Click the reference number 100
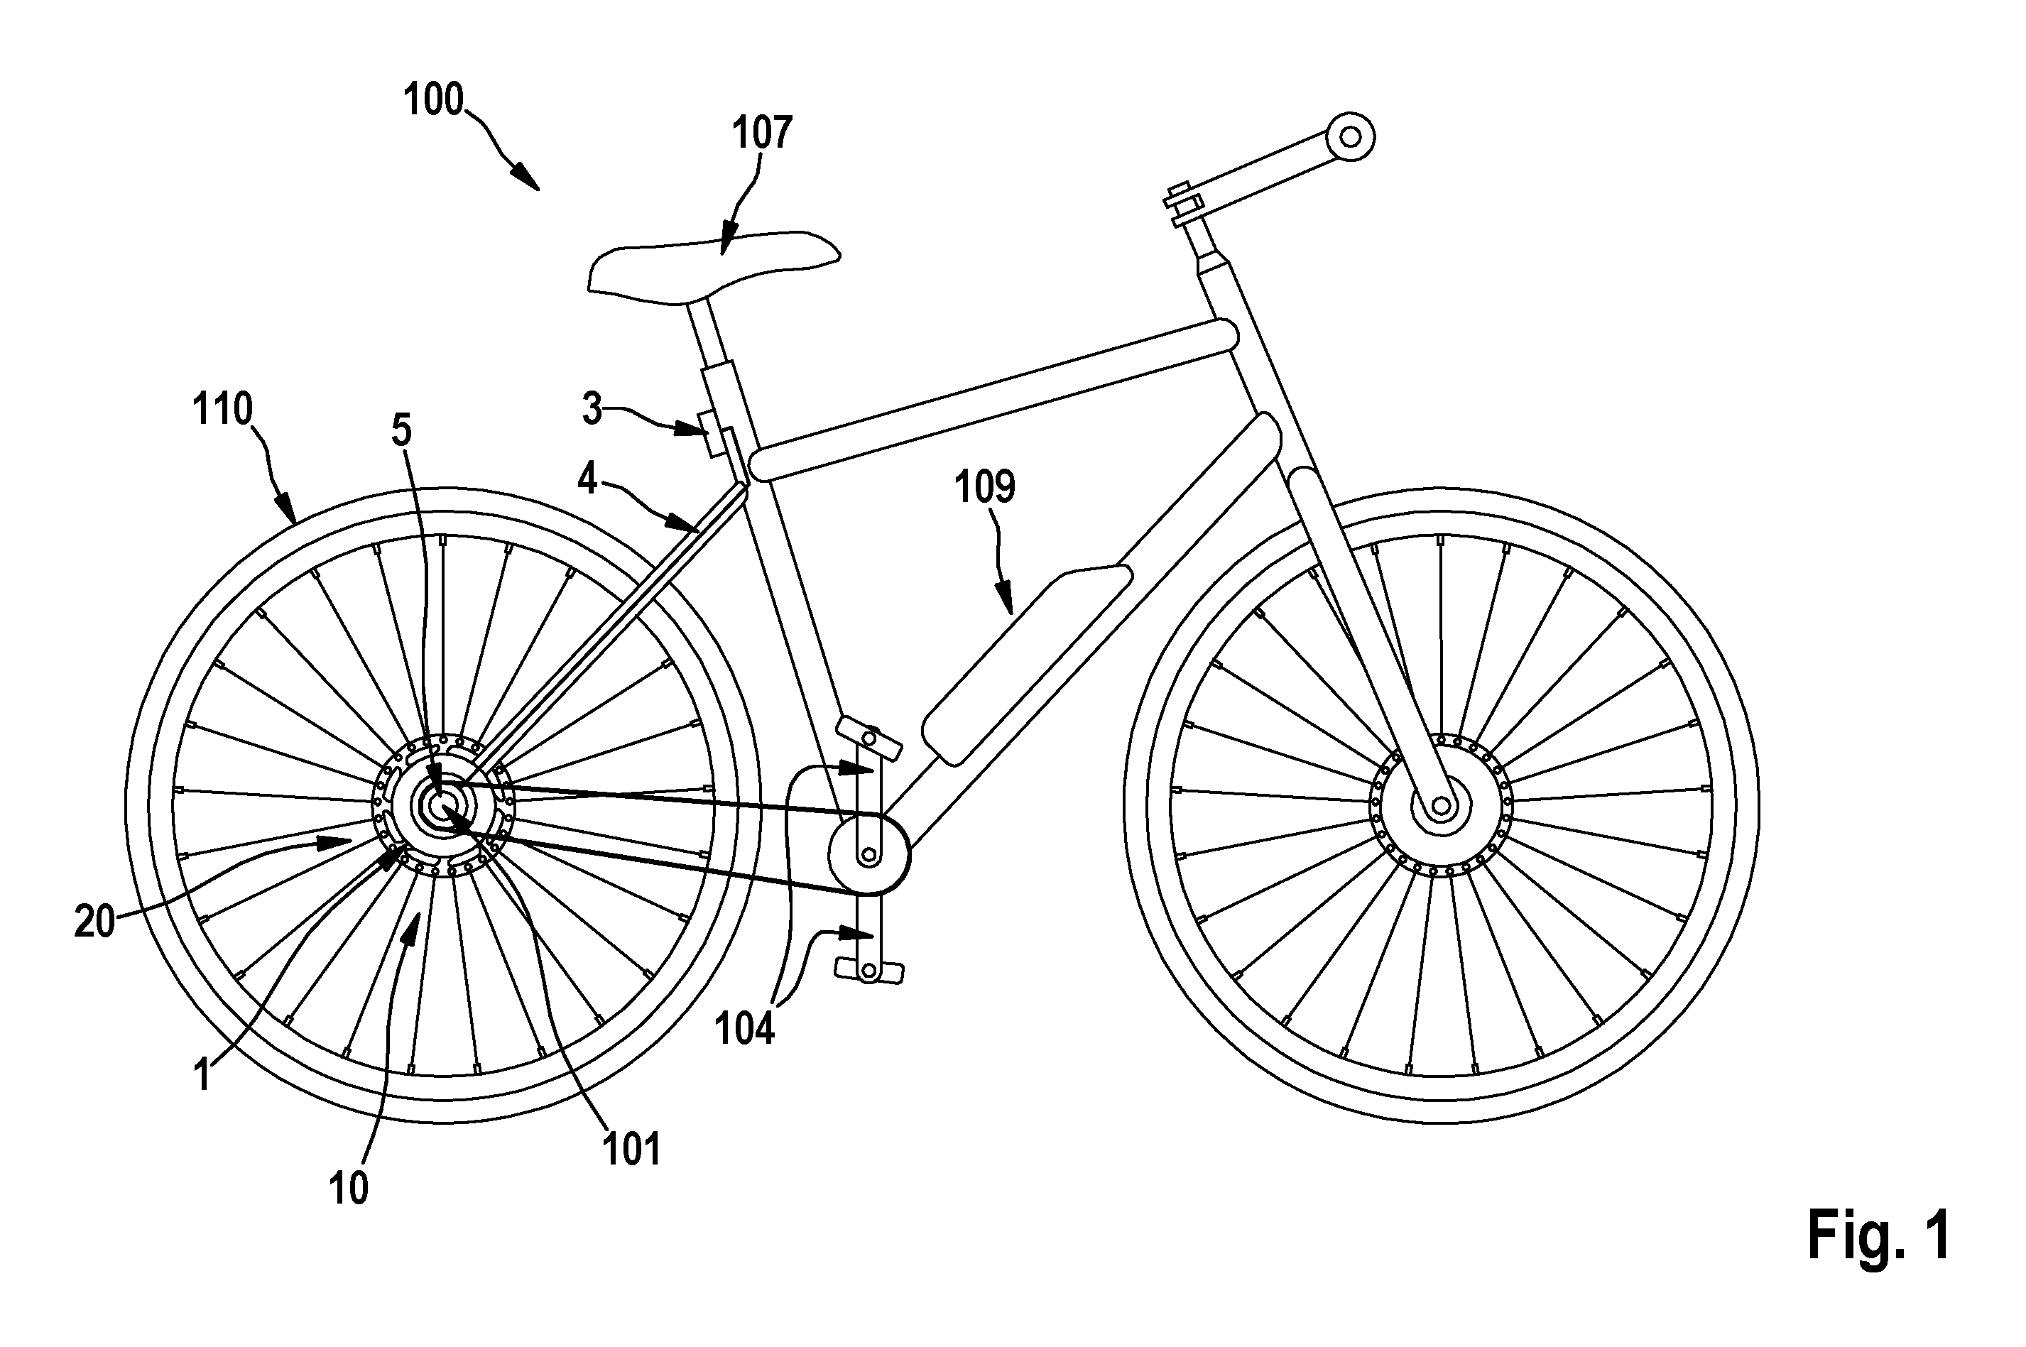434,101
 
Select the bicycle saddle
713,266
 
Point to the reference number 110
222,410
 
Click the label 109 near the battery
985,486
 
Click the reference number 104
745,1028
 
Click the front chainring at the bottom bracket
868,855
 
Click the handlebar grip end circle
1350,136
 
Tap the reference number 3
592,410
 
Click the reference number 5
401,430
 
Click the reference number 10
349,1188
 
